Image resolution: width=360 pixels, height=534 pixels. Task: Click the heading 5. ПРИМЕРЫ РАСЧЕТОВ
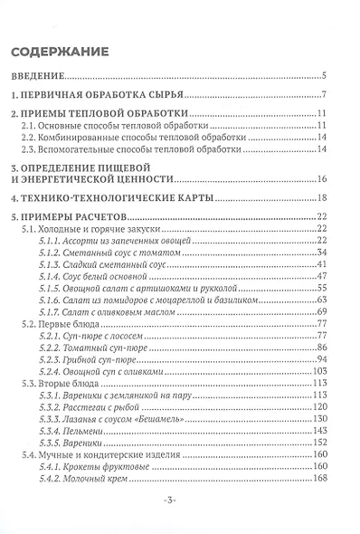pyautogui.click(x=82, y=216)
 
